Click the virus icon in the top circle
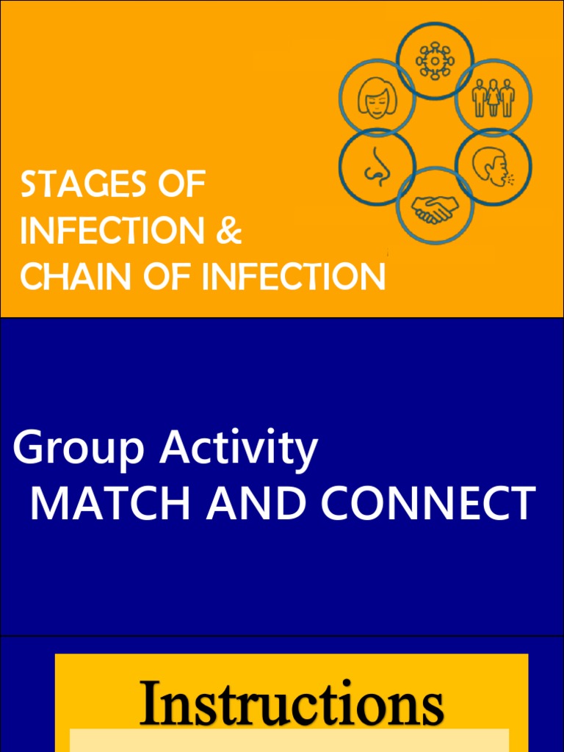[435, 60]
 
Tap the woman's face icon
[377, 98]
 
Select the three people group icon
[493, 98]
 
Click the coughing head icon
[493, 167]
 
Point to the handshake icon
[435, 208]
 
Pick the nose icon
[377, 166]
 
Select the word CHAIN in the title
[75, 276]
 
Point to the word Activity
[239, 449]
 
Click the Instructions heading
[291, 702]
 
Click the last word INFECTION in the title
[294, 276]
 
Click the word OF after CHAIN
[166, 276]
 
